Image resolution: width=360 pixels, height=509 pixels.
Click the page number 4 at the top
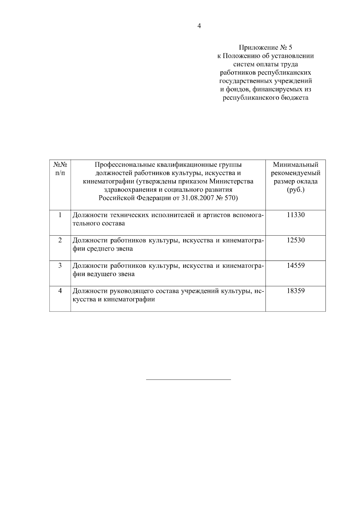coord(199,26)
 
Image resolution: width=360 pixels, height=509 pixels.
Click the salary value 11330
coord(295,215)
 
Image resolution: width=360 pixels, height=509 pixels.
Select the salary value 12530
coord(295,240)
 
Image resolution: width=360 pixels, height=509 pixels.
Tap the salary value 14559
coord(295,265)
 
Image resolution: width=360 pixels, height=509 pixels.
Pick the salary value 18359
coord(295,291)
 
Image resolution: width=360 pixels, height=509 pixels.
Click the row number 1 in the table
coord(60,215)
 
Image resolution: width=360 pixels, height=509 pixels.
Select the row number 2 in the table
coord(60,240)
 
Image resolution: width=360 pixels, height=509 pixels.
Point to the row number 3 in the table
coord(60,265)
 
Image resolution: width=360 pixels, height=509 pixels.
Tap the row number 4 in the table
coord(60,291)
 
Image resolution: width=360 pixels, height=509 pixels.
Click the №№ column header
coord(60,165)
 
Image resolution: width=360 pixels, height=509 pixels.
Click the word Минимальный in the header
coord(295,165)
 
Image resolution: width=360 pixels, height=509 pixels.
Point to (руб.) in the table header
coord(295,190)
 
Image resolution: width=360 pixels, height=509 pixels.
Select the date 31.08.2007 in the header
coord(197,198)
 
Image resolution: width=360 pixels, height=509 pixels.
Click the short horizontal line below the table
coord(188,380)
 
